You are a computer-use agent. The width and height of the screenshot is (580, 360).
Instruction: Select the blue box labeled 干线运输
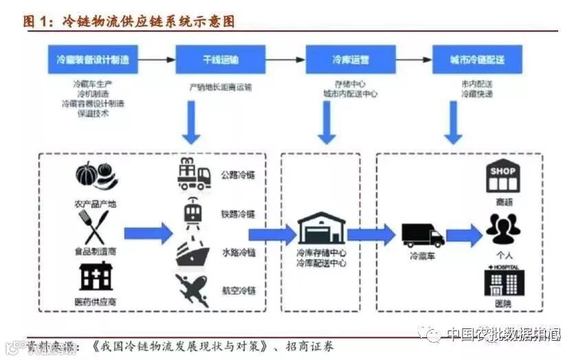tap(210, 60)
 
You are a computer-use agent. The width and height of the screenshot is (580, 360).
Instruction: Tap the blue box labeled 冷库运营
tap(350, 60)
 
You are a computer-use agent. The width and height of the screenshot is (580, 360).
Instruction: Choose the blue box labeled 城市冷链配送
tap(477, 60)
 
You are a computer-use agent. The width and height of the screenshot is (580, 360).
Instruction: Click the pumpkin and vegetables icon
tap(96, 177)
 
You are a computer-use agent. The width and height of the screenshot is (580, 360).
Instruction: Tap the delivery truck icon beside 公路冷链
tap(193, 174)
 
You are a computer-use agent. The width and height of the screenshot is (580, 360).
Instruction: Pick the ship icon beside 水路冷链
tap(193, 253)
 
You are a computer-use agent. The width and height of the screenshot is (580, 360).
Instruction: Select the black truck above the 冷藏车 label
tap(422, 235)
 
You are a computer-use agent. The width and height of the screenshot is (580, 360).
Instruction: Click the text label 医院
tap(504, 304)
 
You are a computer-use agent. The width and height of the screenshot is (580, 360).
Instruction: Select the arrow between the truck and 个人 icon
tap(465, 235)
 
